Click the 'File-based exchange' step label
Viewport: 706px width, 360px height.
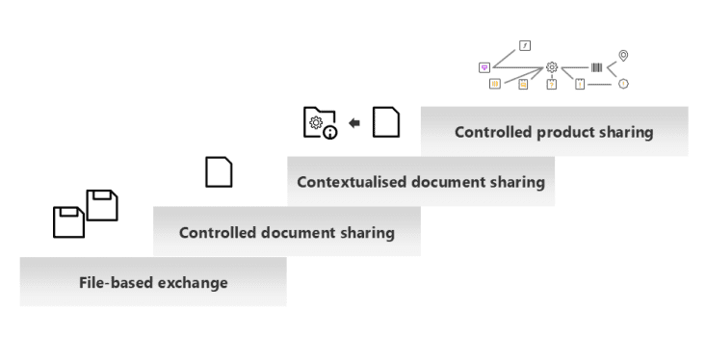coord(153,283)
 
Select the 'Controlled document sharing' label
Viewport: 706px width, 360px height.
coord(287,233)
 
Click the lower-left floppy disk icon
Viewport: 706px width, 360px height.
coord(69,222)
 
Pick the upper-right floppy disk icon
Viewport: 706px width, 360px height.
coord(102,205)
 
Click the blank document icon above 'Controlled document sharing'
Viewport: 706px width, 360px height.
coord(219,172)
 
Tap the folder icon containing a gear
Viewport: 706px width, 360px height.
coord(320,122)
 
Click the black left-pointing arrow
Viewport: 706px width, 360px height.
coord(354,123)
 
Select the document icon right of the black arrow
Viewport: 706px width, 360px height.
coord(386,122)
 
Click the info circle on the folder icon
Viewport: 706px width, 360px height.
coord(330,133)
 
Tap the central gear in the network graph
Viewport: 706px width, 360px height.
coord(552,67)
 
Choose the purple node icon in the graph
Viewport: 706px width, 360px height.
coord(484,68)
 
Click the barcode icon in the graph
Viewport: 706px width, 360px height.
coord(596,67)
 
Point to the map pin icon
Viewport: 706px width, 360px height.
coord(623,56)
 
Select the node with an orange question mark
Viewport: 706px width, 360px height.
coord(552,84)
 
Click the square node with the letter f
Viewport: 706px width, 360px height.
coord(525,45)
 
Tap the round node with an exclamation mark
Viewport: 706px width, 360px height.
coord(623,84)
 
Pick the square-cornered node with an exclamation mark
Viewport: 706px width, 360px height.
coord(580,84)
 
